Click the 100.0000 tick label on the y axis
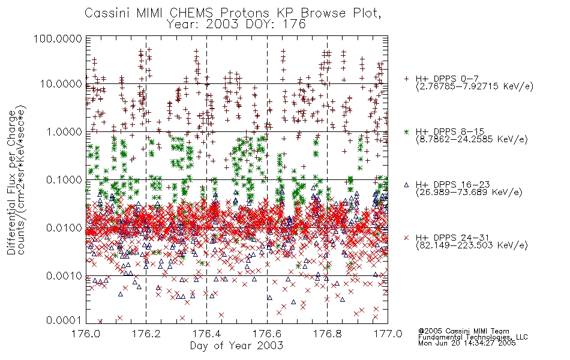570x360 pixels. (x=58, y=38)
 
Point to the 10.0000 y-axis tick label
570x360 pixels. (x=61, y=84)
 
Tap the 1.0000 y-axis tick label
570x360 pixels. (x=64, y=131)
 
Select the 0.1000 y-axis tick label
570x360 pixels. (x=64, y=179)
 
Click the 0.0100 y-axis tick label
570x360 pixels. (x=64, y=228)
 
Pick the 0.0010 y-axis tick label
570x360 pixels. (x=64, y=276)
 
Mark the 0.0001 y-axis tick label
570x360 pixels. (x=64, y=320)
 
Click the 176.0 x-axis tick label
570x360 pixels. (x=86, y=334)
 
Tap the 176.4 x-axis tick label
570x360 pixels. (x=207, y=334)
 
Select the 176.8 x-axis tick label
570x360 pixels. (x=328, y=334)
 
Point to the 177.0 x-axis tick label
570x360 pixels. (x=388, y=334)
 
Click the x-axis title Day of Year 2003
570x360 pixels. (x=236, y=346)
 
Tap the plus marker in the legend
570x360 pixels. (x=406, y=79)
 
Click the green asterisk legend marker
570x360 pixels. (x=406, y=131)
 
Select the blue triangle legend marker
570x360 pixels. (x=406, y=185)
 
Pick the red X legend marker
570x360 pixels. (x=406, y=238)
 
